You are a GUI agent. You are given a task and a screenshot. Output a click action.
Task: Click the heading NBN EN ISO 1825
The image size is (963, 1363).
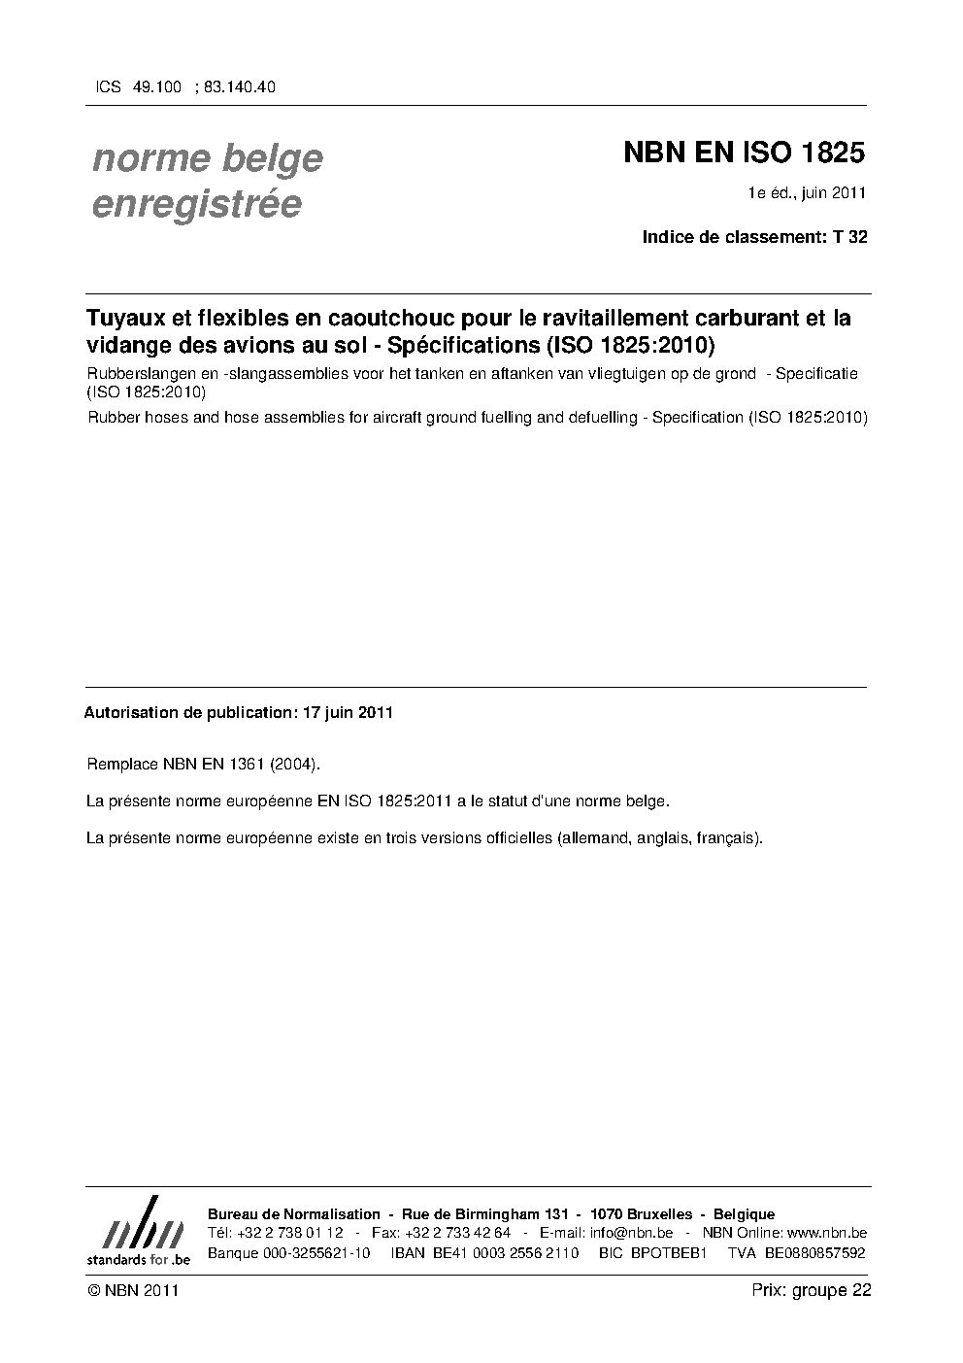743,153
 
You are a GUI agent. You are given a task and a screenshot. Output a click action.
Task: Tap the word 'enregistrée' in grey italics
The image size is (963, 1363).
196,205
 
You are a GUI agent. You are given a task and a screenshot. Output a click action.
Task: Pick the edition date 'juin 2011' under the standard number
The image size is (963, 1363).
834,192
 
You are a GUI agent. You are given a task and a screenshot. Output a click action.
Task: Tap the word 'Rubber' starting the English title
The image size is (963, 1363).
110,418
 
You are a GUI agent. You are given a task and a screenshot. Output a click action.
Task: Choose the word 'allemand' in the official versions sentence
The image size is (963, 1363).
593,837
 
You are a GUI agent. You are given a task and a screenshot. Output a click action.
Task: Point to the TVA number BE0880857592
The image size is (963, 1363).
814,1253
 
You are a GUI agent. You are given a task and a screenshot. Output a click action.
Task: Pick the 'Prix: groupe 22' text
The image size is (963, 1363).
811,1290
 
